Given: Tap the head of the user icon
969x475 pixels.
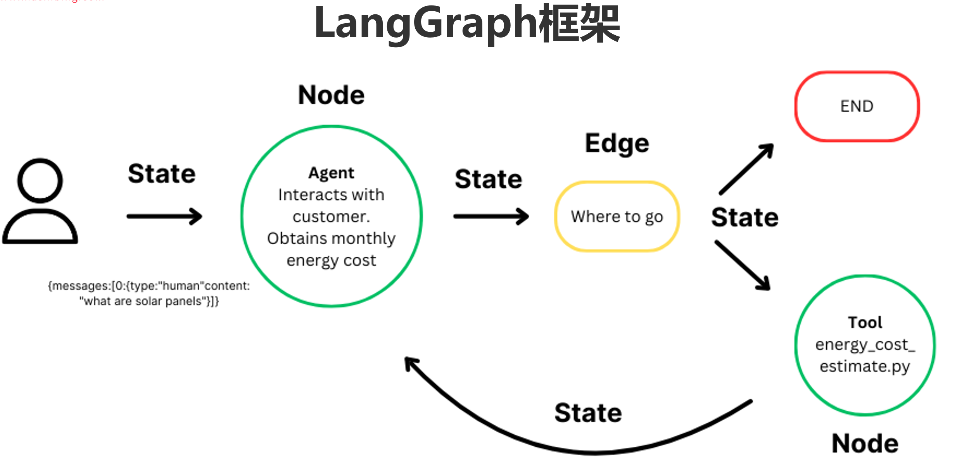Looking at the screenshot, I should point(40,180).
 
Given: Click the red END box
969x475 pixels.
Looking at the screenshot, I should point(857,106).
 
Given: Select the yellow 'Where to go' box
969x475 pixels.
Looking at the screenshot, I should point(617,216).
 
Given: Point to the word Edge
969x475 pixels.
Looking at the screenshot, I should point(617,143).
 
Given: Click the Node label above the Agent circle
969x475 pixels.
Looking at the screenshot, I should point(332,95).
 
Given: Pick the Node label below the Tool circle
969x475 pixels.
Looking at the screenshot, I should point(865,444).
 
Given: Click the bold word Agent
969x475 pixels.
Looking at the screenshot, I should point(331,173).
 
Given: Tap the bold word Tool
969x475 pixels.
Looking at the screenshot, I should point(865,323).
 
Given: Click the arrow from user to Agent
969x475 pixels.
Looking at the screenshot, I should point(164,216).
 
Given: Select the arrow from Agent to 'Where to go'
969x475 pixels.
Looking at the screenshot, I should point(491,216).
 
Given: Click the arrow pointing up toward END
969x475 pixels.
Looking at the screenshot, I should point(746,169).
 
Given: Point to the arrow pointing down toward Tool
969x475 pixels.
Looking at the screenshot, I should point(743,266).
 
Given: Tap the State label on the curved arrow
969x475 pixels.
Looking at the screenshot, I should point(588,413).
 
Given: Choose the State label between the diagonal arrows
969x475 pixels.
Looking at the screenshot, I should point(745,217).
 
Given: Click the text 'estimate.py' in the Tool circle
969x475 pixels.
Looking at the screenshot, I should point(865,366).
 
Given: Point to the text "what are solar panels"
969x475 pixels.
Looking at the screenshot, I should point(149,301).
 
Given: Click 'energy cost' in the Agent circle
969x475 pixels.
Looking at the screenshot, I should point(331,261).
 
